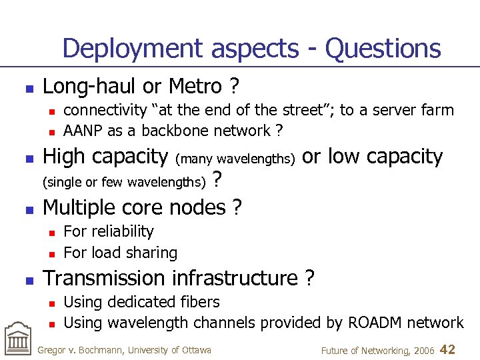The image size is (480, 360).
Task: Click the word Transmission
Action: pos(103,277)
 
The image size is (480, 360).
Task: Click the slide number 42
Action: pos(448,349)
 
